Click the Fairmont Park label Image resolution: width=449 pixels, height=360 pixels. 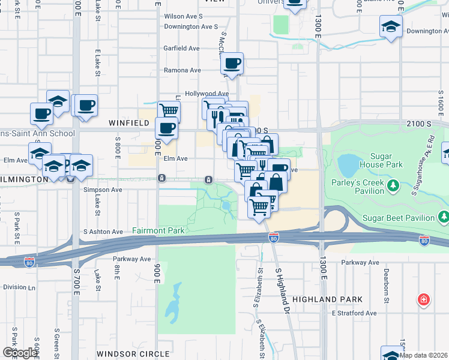[158, 230]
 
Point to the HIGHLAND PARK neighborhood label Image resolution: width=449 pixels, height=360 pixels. [327, 299]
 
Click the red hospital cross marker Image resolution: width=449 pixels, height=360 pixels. [424, 299]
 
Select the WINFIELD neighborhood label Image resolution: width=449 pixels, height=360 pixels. [128, 122]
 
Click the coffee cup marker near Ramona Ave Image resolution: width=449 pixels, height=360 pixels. [232, 63]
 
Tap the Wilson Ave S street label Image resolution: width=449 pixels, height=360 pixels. [184, 16]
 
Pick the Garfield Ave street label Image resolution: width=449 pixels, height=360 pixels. [181, 48]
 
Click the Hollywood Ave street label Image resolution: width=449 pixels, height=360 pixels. [206, 94]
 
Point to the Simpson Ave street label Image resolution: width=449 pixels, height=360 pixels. [103, 190]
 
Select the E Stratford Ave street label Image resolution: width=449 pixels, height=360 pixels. [354, 313]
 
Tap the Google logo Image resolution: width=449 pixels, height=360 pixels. [19, 352]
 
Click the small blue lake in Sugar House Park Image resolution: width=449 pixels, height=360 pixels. [348, 163]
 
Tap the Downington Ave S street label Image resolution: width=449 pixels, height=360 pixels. [191, 26]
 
